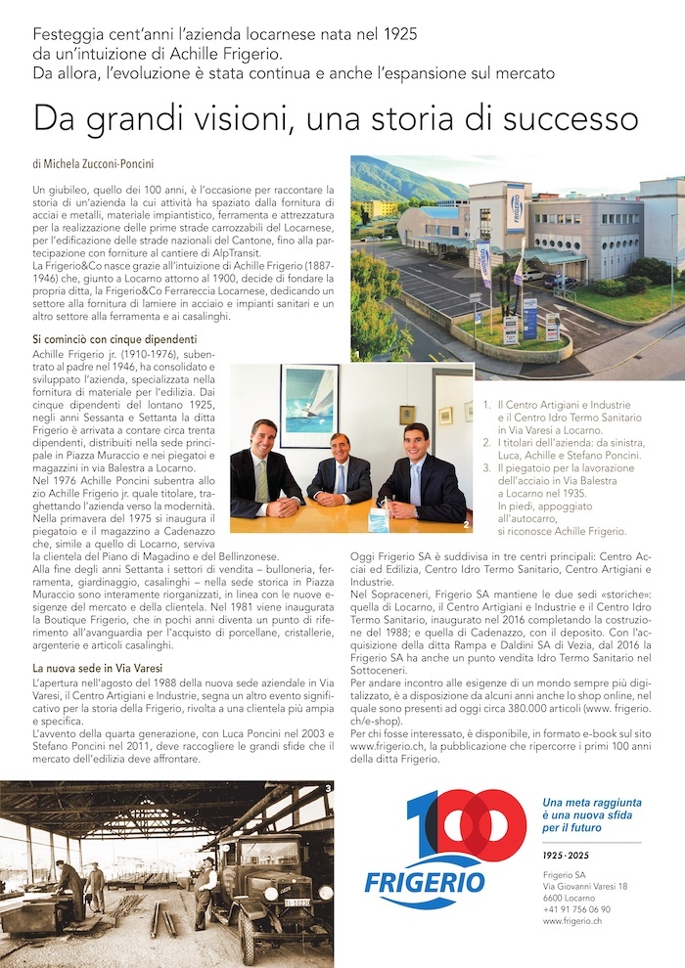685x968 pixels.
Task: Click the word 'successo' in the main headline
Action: click(x=573, y=119)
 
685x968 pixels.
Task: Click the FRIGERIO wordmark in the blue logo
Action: click(x=425, y=881)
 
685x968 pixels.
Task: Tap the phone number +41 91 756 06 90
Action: click(x=576, y=908)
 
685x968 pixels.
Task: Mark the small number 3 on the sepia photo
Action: click(x=328, y=787)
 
